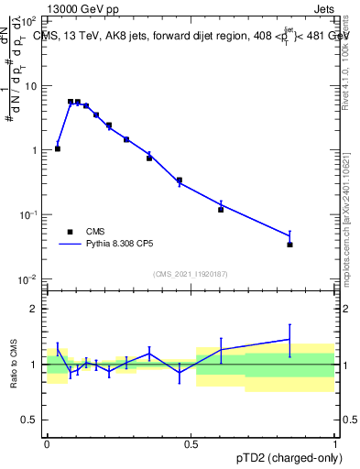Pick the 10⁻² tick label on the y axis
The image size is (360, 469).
point(30,278)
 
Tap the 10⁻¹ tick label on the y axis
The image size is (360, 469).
point(30,214)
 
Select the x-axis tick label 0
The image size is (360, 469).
point(47,443)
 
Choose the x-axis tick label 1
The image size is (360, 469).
point(335,443)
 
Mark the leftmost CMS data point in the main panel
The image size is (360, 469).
point(58,148)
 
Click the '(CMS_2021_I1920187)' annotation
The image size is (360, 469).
point(191,273)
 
